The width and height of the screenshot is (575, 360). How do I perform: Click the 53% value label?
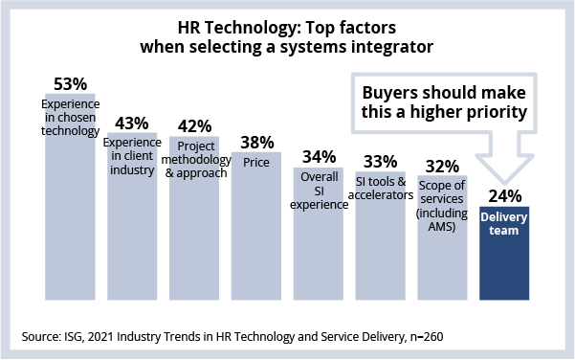pos(71,84)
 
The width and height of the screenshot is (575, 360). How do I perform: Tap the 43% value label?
pos(132,124)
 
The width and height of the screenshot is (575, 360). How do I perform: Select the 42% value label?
pos(195,126)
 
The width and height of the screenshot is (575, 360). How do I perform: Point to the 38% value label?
pos(257,143)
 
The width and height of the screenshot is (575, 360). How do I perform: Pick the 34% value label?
pos(319,157)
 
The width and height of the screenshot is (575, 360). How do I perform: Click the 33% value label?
pos(381,162)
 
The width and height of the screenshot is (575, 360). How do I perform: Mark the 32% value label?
pos(443,167)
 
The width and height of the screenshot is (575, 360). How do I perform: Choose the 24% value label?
pos(505,196)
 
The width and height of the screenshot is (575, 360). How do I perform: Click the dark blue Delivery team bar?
pos(504,253)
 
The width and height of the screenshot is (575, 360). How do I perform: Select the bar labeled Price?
pos(256,226)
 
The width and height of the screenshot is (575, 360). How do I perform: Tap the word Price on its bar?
pos(256,162)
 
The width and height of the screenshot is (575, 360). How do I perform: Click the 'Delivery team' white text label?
pos(504,223)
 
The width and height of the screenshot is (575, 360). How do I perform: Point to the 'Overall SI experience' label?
pos(319,191)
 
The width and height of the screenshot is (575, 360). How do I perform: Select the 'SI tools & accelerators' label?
pos(381,189)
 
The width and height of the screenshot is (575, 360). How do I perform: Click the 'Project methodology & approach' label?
pos(196,159)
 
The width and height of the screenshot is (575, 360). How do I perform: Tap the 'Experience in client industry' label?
pos(132,156)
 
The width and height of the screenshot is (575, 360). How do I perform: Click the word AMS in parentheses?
pos(441,226)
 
